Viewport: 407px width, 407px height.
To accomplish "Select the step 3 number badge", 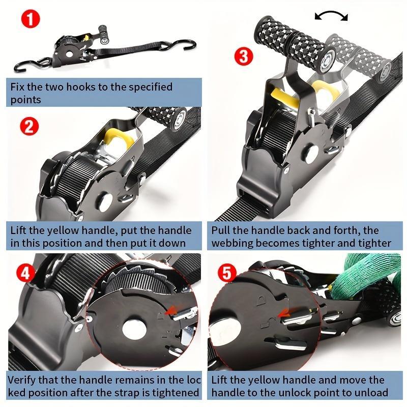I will (x=244, y=56).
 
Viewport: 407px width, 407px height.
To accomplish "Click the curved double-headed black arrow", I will (x=331, y=16).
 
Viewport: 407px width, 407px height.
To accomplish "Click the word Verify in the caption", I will (x=24, y=380).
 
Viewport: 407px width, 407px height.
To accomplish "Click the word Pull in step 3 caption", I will (x=221, y=230).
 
